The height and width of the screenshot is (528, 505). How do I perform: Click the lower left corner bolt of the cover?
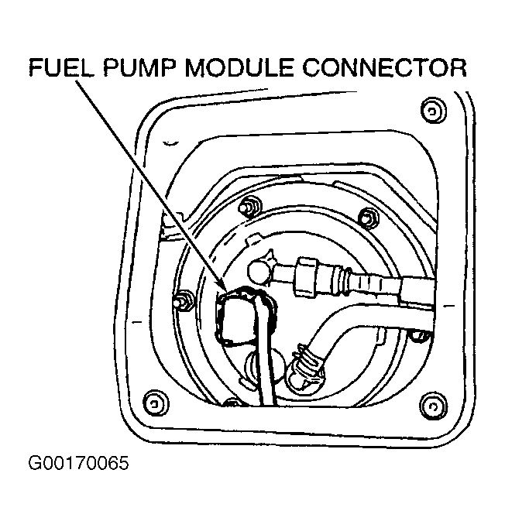156,402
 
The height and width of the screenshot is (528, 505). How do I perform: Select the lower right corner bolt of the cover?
431,402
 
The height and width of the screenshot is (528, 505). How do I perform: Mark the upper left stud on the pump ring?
249,207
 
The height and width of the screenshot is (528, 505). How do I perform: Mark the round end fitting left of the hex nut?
259,270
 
